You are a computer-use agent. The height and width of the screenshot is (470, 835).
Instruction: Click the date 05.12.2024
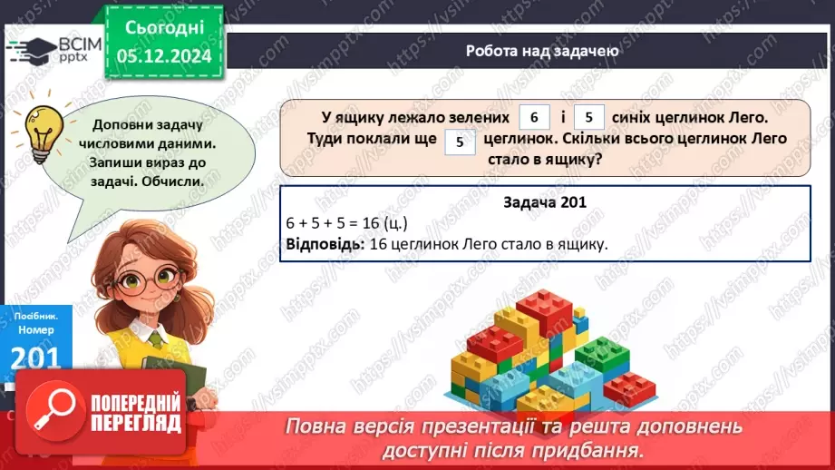point(164,55)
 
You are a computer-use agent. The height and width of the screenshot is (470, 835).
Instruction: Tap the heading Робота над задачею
point(542,51)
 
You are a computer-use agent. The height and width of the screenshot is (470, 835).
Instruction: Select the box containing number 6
point(535,117)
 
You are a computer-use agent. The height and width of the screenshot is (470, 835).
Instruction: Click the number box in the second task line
point(461,141)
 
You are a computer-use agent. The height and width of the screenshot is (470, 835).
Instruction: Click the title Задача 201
point(545,203)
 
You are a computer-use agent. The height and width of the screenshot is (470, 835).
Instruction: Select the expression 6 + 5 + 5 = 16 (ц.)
point(345,223)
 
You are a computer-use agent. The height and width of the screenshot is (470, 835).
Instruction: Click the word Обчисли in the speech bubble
point(172,180)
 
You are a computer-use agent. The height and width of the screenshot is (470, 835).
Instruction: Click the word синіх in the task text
point(638,117)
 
